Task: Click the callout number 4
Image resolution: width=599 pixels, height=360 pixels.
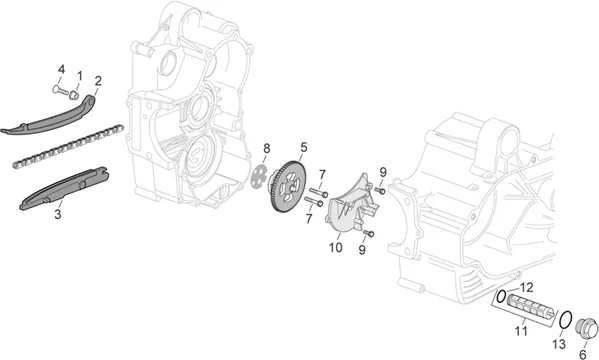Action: pyautogui.click(x=61, y=70)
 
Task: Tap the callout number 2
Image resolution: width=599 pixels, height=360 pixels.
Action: pyautogui.click(x=98, y=81)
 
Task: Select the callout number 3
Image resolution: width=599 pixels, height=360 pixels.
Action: pyautogui.click(x=58, y=214)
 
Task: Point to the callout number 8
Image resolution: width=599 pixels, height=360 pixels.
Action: pyautogui.click(x=267, y=148)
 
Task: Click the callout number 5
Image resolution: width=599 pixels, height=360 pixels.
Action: pyautogui.click(x=304, y=147)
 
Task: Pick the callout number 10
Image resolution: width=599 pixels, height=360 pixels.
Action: pyautogui.click(x=336, y=248)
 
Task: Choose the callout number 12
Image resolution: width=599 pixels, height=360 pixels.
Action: pyautogui.click(x=526, y=287)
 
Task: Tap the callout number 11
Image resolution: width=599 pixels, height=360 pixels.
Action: pyautogui.click(x=521, y=331)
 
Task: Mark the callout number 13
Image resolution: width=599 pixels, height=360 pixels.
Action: pyautogui.click(x=559, y=344)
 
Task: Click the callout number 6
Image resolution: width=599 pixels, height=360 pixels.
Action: pyautogui.click(x=583, y=354)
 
